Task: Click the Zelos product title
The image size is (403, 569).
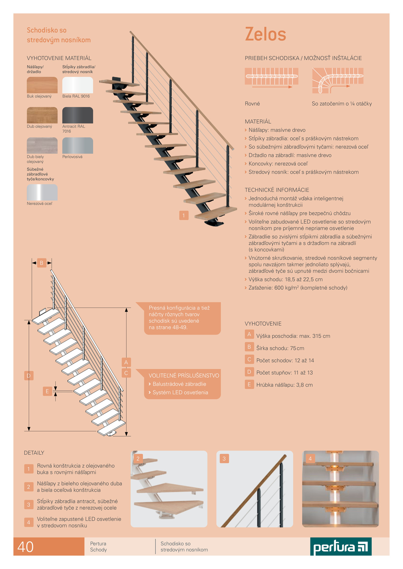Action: pos(265,34)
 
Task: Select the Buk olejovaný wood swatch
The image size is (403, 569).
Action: pos(42,85)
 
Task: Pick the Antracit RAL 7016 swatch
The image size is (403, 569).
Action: pos(78,115)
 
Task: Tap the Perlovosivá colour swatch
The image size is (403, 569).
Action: pos(78,145)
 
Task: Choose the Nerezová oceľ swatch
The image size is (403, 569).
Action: pos(42,192)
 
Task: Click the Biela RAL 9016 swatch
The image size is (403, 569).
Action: pos(78,85)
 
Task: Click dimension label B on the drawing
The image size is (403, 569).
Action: pos(42,263)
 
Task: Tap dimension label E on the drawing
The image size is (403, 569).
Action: pos(47,391)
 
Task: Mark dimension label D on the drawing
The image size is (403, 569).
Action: pos(29,375)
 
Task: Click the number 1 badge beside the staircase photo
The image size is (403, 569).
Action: pos(184,215)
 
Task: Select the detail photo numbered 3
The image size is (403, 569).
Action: pos(255,489)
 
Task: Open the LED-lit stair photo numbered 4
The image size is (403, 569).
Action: pos(340,489)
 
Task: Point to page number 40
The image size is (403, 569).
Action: pos(25,547)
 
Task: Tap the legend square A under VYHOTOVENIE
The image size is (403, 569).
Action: pos(249,334)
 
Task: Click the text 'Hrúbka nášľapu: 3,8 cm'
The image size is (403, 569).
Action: pos(284,385)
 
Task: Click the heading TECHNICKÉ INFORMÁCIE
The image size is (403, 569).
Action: pos(277,190)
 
